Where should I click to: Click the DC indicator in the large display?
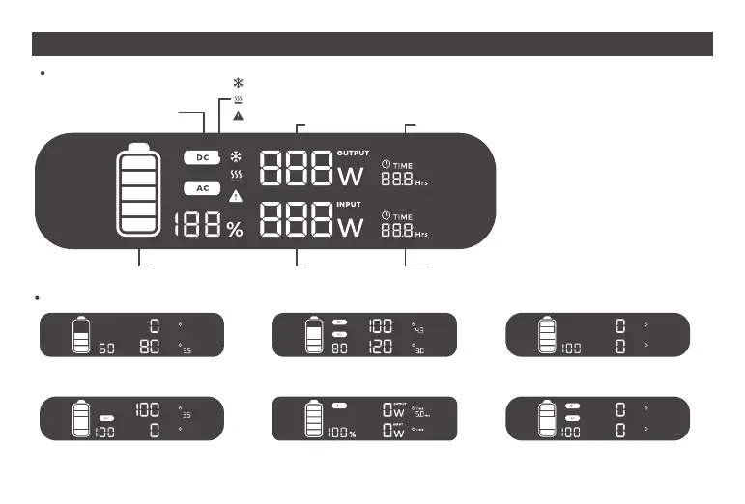203,157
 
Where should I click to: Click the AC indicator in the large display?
203,188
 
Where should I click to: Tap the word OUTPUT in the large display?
353,154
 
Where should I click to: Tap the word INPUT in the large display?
349,204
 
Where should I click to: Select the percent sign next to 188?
235,229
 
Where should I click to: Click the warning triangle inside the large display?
236,196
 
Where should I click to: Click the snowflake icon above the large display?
238,84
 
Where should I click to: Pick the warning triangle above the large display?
238,115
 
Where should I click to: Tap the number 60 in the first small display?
107,348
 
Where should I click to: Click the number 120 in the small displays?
380,347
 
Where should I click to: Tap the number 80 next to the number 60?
150,347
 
